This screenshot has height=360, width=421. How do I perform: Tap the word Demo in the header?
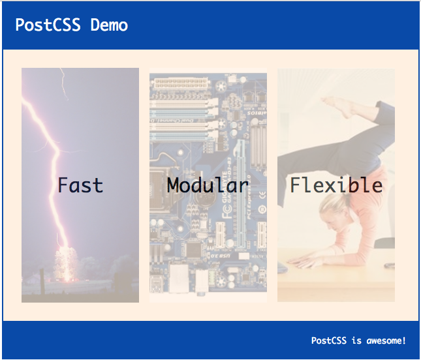[109, 25]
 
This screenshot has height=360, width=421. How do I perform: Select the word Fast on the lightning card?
[80, 185]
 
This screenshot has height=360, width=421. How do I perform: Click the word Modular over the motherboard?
[208, 185]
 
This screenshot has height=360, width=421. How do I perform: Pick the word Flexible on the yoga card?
[335, 185]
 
